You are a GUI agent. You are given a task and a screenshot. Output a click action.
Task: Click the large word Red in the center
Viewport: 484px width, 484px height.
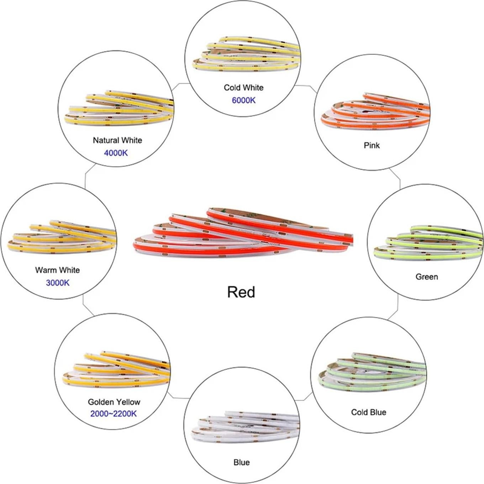[241, 292]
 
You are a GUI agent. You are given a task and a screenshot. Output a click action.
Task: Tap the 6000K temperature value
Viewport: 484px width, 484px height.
[243, 100]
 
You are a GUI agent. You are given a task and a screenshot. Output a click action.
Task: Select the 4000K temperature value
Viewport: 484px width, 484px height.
[116, 153]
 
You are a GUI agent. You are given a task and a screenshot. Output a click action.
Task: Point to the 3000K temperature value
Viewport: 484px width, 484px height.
[58, 283]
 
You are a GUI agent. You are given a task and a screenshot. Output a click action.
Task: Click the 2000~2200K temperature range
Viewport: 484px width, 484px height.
[113, 414]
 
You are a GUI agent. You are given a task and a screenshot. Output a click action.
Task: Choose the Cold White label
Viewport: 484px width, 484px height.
[243, 88]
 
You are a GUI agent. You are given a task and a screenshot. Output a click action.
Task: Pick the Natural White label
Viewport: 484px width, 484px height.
[117, 140]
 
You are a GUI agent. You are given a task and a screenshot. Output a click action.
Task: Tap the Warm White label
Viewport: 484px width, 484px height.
[57, 270]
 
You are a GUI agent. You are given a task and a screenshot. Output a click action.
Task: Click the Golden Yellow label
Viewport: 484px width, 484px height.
[114, 402]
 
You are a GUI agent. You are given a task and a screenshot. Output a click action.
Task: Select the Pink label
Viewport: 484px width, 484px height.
[372, 145]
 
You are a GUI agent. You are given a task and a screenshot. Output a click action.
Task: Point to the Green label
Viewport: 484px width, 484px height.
[427, 277]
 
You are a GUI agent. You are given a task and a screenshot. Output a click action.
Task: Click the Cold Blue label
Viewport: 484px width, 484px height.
[368, 412]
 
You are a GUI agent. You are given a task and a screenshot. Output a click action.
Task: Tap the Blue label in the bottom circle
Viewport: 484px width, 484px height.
[241, 462]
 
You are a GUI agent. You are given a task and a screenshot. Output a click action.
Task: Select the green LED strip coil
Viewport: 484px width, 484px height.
[427, 242]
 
